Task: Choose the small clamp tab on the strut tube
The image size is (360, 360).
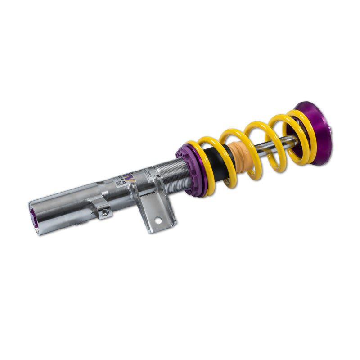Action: [x=100, y=208]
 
